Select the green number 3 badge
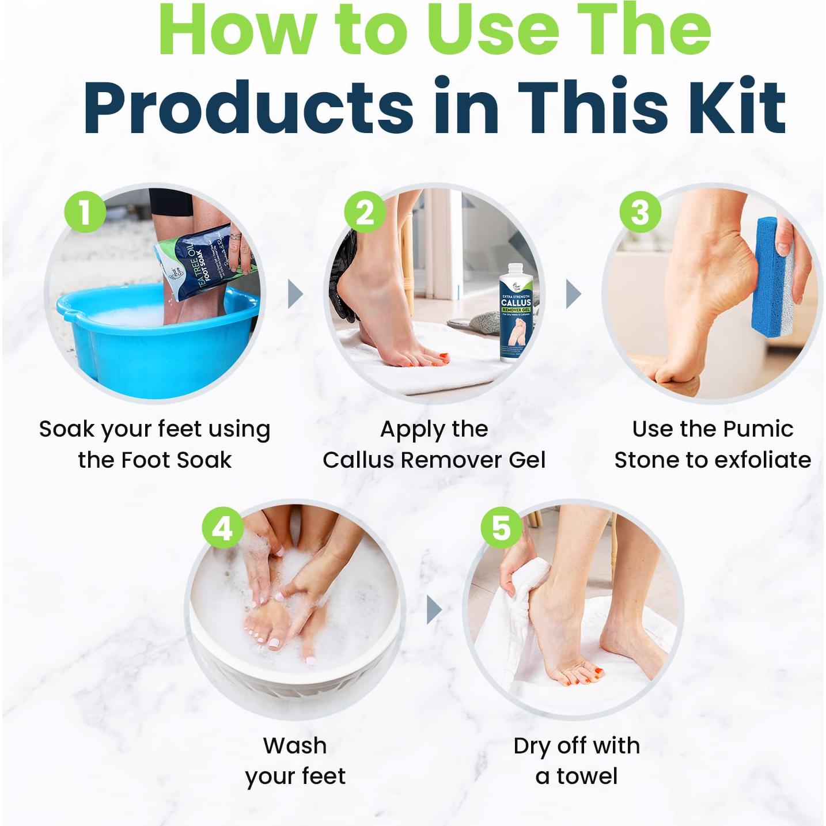[640, 213]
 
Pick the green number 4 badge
[223, 528]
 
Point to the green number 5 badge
[502, 528]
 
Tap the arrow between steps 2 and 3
[574, 294]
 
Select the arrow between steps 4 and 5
[434, 610]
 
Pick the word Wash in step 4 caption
[295, 745]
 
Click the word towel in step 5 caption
[587, 776]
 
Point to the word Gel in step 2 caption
[527, 460]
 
